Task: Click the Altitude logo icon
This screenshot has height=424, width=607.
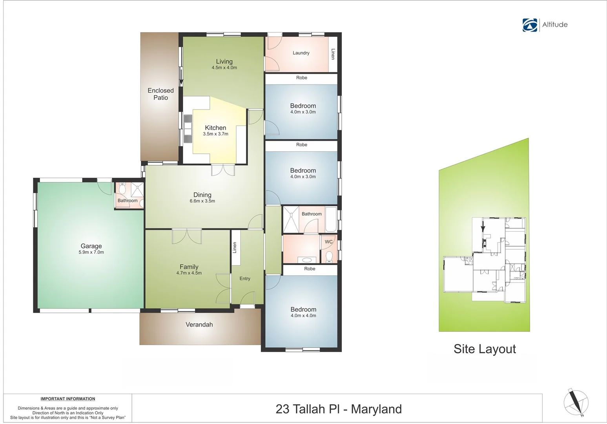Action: click(x=530, y=25)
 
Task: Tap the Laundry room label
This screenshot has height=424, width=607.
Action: click(x=301, y=53)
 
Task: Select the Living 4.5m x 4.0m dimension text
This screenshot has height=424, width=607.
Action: click(x=224, y=68)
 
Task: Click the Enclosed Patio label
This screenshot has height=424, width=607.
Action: click(x=160, y=94)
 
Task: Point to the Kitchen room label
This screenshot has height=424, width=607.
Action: click(x=215, y=128)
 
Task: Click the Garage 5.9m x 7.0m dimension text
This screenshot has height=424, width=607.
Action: click(x=91, y=252)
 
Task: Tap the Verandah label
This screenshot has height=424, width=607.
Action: click(x=199, y=325)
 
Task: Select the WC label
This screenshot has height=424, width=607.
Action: click(x=329, y=242)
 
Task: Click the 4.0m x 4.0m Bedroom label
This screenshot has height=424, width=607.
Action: click(x=303, y=309)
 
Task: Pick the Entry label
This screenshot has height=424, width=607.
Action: click(x=245, y=278)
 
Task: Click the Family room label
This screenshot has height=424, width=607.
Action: click(x=189, y=267)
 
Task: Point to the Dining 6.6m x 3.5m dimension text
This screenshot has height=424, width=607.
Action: click(x=202, y=201)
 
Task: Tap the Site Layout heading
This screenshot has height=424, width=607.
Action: click(x=485, y=349)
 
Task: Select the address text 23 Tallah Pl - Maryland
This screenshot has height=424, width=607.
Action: click(x=339, y=409)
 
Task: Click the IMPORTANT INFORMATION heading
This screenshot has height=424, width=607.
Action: click(x=68, y=399)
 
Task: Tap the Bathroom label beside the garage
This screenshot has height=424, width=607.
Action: click(x=128, y=201)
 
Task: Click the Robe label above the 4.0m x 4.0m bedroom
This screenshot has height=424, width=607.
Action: click(x=310, y=269)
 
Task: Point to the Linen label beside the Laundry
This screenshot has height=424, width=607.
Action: click(x=333, y=54)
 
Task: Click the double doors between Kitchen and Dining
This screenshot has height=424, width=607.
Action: click(x=223, y=170)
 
